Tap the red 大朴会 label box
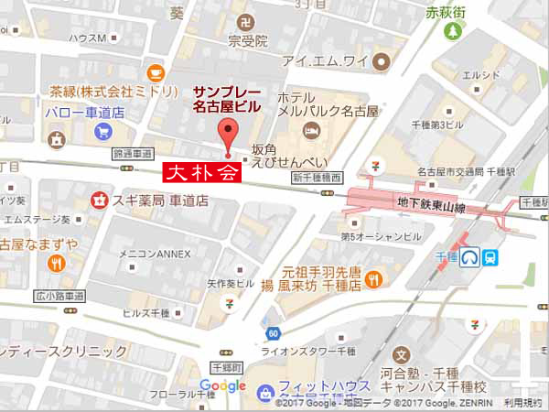click(201, 172)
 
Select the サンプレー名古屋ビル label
click(225, 99)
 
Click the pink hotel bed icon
click(312, 132)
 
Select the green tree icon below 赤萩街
click(452, 31)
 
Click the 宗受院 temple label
click(248, 41)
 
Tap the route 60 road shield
click(272, 333)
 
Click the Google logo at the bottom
click(223, 386)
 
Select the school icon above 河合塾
click(399, 354)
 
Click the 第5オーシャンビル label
click(381, 236)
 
